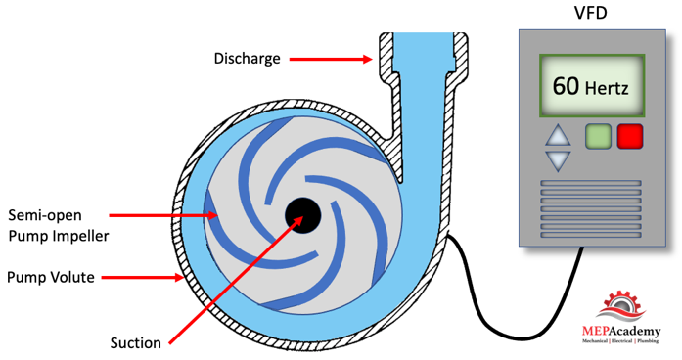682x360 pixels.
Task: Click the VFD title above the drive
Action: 591,12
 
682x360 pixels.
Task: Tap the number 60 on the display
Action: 566,86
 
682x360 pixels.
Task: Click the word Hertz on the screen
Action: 607,88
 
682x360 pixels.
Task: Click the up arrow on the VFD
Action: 558,135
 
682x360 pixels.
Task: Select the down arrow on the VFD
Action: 558,160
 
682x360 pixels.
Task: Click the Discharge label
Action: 247,59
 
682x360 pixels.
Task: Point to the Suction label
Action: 136,343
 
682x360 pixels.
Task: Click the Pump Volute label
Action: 51,278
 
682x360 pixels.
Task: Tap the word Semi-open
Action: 45,215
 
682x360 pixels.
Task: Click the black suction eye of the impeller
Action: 302,215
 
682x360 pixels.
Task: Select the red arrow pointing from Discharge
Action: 331,59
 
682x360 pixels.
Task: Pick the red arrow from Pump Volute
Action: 142,278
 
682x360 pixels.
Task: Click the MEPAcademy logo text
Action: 621,332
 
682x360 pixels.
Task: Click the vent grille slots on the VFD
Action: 591,208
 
